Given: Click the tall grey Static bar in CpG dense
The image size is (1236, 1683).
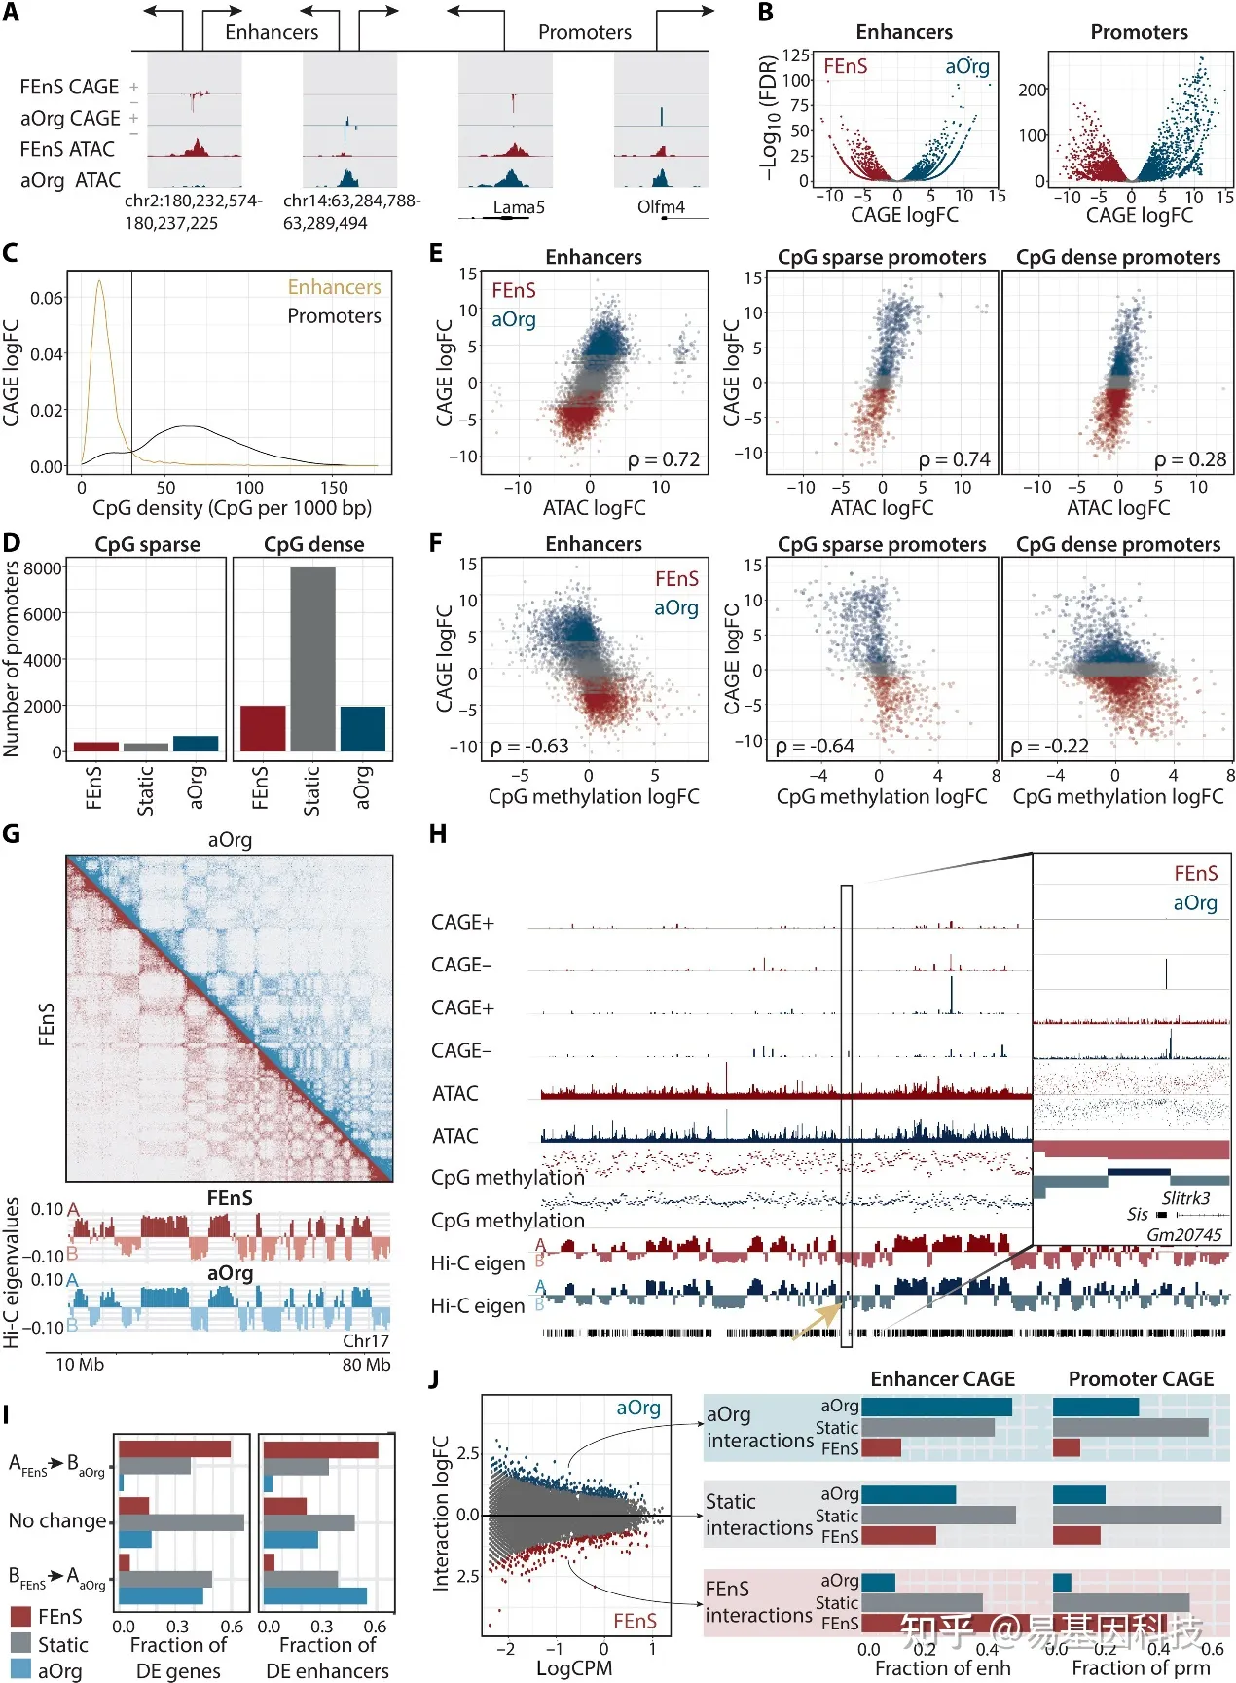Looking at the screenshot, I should click(312, 658).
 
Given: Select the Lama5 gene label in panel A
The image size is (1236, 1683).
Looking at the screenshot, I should click(518, 207).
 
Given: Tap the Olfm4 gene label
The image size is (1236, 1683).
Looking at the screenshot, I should click(661, 207).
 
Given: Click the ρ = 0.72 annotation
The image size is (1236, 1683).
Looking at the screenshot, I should click(664, 459).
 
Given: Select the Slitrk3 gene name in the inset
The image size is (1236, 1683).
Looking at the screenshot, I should click(1185, 1198).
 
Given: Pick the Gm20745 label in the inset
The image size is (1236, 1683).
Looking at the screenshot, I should click(1183, 1234).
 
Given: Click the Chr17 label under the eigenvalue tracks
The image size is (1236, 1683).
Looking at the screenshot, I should click(365, 1340).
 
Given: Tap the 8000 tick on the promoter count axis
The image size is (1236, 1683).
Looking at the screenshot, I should click(43, 567).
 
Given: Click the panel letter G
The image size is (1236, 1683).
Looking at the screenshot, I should click(12, 834).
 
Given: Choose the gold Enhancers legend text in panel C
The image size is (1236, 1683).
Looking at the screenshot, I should click(334, 287).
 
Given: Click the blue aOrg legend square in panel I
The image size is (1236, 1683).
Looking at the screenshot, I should click(20, 1670).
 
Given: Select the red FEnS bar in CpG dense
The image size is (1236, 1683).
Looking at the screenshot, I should click(263, 728).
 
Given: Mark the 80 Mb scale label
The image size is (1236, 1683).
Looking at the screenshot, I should click(366, 1365).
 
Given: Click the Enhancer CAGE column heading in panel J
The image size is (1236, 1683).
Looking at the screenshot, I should click(942, 1379).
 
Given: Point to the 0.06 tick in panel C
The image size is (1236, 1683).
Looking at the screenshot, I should click(48, 298).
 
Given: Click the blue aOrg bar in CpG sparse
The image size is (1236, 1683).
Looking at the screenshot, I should click(196, 744).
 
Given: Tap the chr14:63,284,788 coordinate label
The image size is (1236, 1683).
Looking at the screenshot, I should click(351, 201).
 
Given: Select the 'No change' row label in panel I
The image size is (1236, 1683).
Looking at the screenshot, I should click(57, 1520).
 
